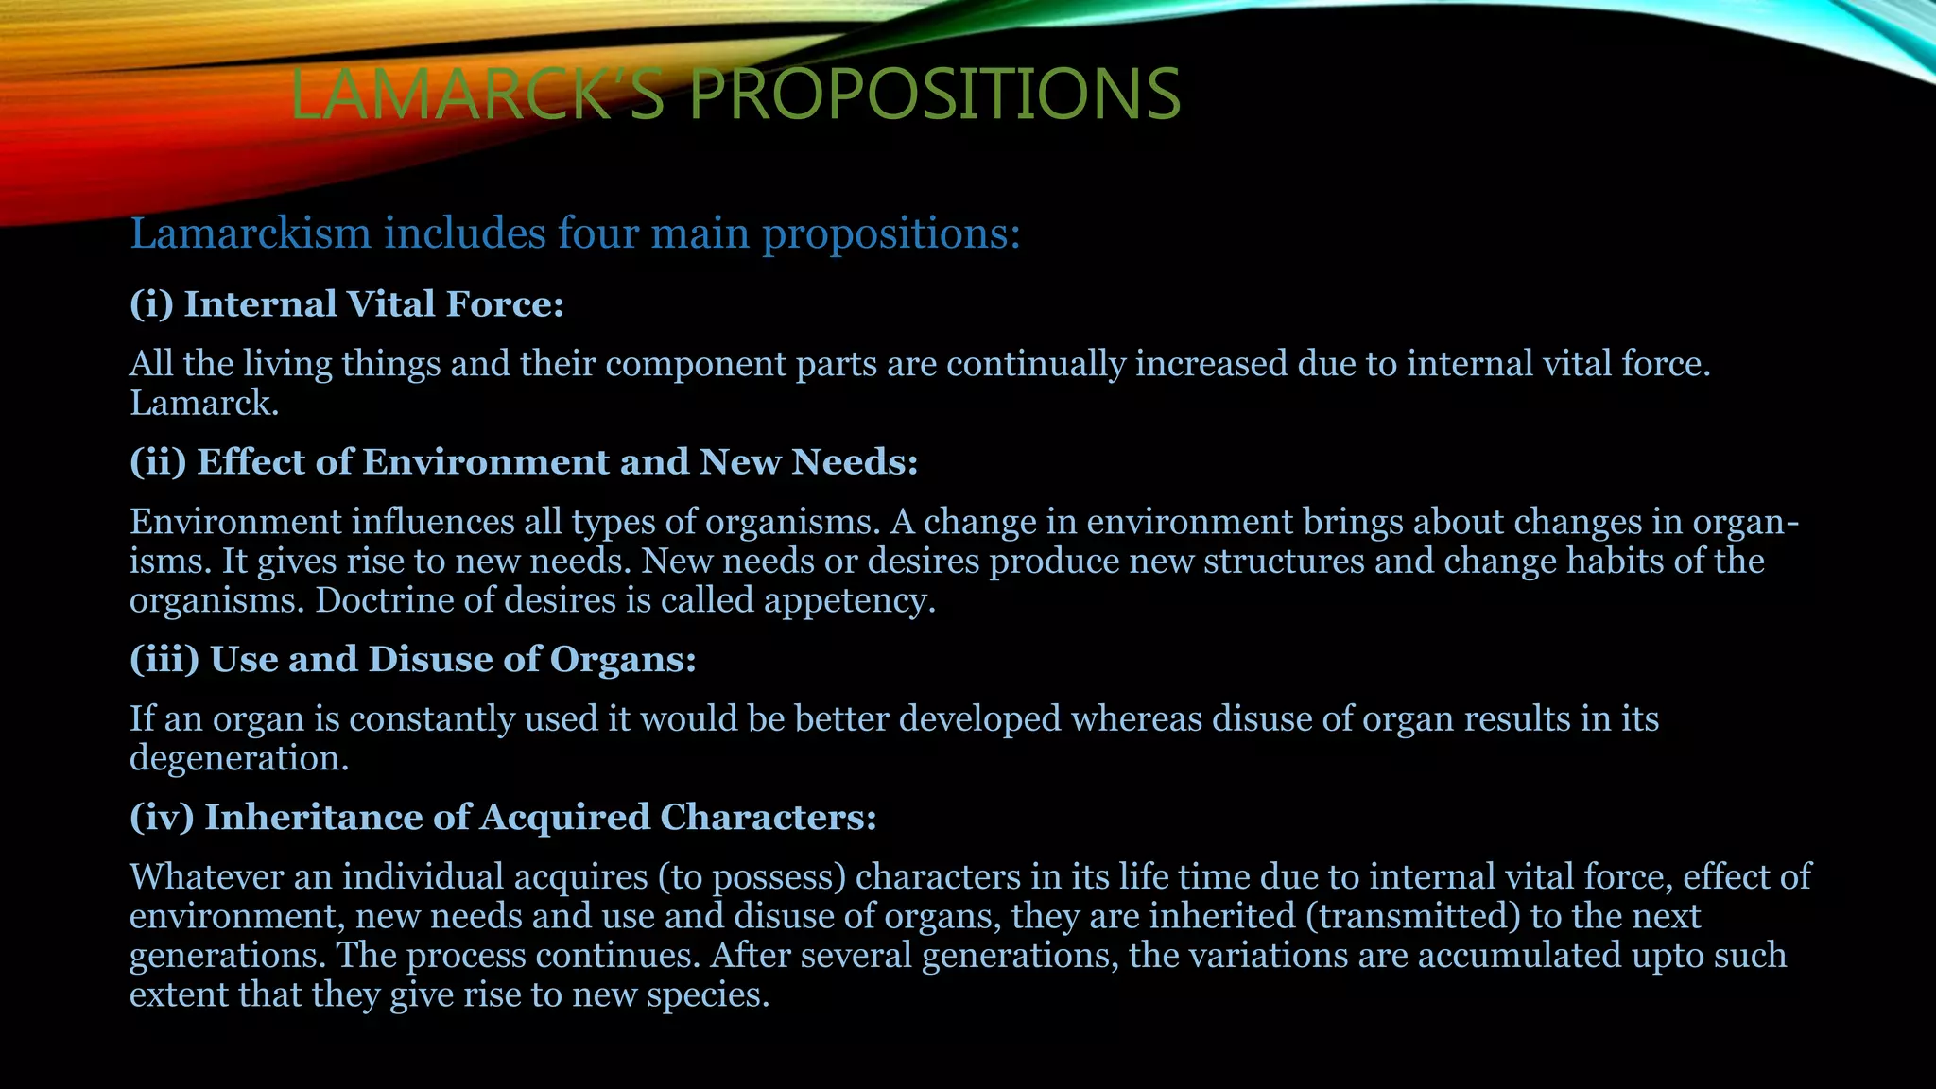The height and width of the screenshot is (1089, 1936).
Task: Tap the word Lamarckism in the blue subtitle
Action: click(251, 233)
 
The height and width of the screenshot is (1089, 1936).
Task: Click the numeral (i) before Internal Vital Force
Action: click(151, 304)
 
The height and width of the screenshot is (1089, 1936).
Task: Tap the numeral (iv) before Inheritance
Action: click(162, 818)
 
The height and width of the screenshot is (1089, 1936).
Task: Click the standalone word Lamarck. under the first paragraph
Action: click(204, 404)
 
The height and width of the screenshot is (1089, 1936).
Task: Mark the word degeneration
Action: click(238, 759)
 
